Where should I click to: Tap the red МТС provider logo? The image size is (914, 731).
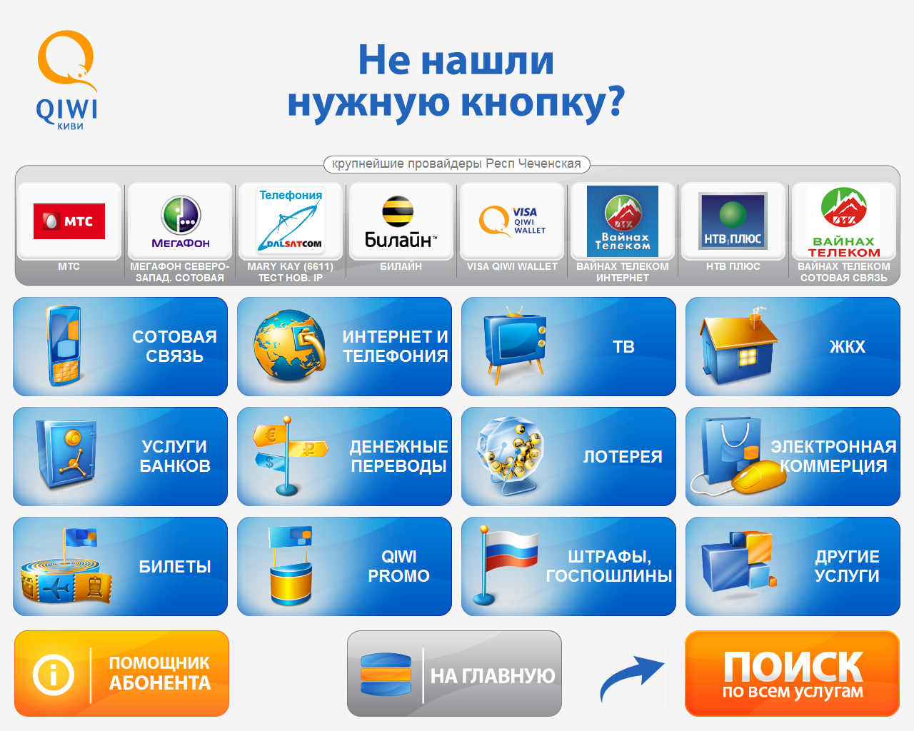point(69,221)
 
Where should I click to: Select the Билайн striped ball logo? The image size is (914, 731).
point(398,211)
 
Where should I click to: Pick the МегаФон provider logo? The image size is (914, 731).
point(181,221)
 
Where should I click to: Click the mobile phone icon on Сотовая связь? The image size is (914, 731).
point(64,346)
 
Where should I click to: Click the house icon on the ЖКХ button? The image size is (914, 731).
point(738,346)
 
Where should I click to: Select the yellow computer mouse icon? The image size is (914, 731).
point(758,477)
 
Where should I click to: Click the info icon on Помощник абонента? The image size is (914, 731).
point(54,675)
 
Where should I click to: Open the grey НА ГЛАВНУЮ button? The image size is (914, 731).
point(454,674)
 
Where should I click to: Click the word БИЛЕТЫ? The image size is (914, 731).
point(175,567)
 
